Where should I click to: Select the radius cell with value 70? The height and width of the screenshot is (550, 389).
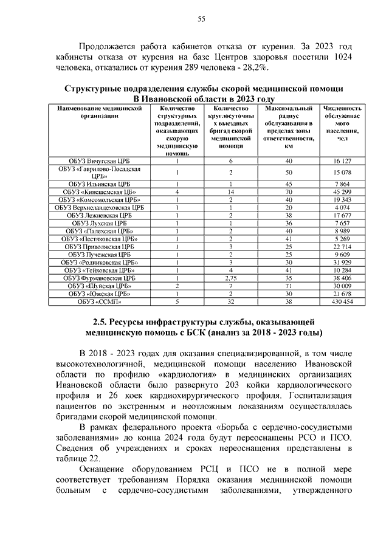point(289,191)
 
